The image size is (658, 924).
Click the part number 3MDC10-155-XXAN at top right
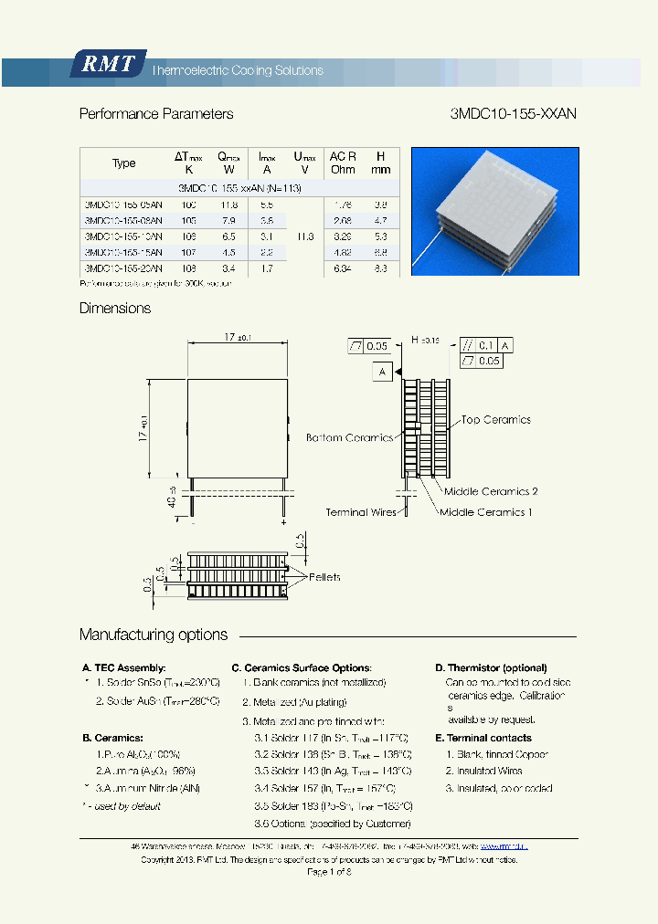point(513,114)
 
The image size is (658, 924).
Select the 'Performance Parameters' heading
point(156,114)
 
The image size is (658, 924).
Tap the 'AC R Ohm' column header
point(343,163)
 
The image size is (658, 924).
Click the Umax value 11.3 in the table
point(304,236)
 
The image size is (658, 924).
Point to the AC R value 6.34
point(343,268)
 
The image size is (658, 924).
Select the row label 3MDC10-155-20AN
point(123,268)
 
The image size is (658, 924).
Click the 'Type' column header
point(123,163)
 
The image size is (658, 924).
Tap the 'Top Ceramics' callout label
point(495,420)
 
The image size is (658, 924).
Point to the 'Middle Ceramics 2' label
point(491,491)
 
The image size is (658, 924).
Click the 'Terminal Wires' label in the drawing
point(361,512)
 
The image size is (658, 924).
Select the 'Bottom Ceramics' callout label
point(349,437)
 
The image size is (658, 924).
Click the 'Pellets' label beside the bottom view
point(324,577)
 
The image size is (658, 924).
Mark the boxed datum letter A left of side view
point(382,372)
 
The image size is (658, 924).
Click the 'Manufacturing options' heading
point(154,635)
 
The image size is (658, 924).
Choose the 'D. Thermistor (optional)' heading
point(491,668)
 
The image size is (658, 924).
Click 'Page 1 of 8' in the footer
point(329,872)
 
